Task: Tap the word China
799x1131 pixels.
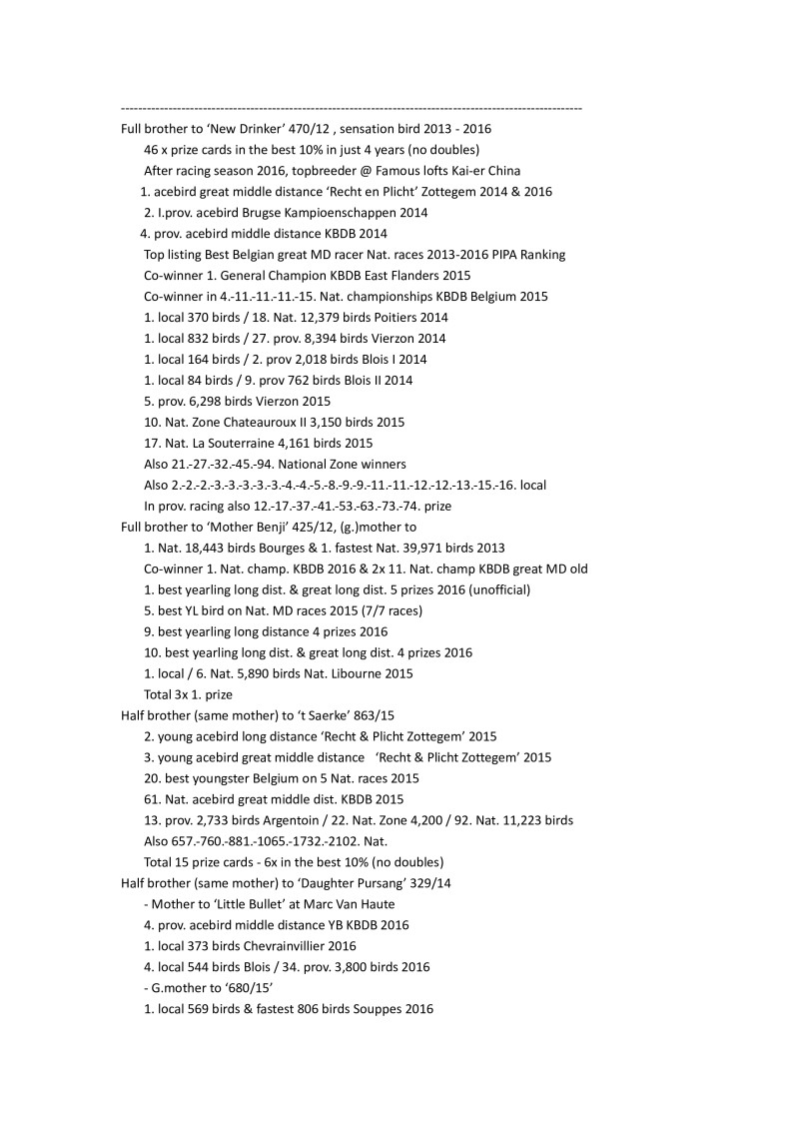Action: click(x=502, y=171)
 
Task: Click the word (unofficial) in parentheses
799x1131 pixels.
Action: click(x=495, y=589)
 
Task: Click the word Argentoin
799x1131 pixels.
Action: click(x=272, y=820)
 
